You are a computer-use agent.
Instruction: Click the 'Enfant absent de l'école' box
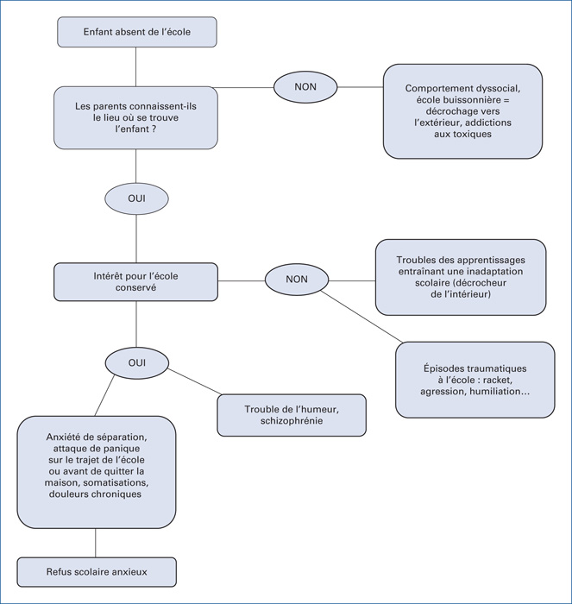137,32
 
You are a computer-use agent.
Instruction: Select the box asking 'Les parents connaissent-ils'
135,117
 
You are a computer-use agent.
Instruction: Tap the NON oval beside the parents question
305,87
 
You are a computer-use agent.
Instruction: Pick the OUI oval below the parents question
136,198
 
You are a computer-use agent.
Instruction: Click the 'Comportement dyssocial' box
462,111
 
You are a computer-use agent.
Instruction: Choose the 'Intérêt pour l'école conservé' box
135,282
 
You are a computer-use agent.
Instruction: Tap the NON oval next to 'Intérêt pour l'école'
297,280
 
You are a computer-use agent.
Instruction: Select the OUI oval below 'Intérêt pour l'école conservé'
137,363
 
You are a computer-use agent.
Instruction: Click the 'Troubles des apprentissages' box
461,277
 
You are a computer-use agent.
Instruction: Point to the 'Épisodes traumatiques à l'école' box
475,380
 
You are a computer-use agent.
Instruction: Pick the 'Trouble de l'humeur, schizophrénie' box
292,415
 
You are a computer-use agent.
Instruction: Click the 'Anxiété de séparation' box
97,472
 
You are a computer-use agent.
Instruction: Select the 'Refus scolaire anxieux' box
97,572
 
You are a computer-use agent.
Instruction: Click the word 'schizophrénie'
292,421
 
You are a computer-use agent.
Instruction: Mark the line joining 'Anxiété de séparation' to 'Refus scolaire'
96,543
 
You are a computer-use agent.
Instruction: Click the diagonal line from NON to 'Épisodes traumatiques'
361,317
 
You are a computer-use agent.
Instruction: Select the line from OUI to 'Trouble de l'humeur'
195,381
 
